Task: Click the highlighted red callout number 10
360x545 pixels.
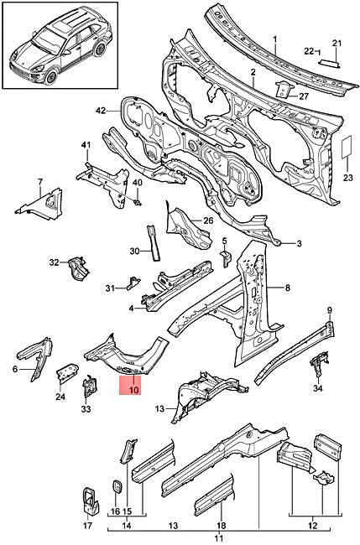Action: (134, 387)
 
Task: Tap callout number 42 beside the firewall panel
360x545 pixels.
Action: (101, 111)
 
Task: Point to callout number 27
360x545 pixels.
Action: (304, 96)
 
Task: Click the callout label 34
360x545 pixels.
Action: (316, 387)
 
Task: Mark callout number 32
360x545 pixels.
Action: (54, 262)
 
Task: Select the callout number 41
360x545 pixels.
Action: (86, 146)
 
